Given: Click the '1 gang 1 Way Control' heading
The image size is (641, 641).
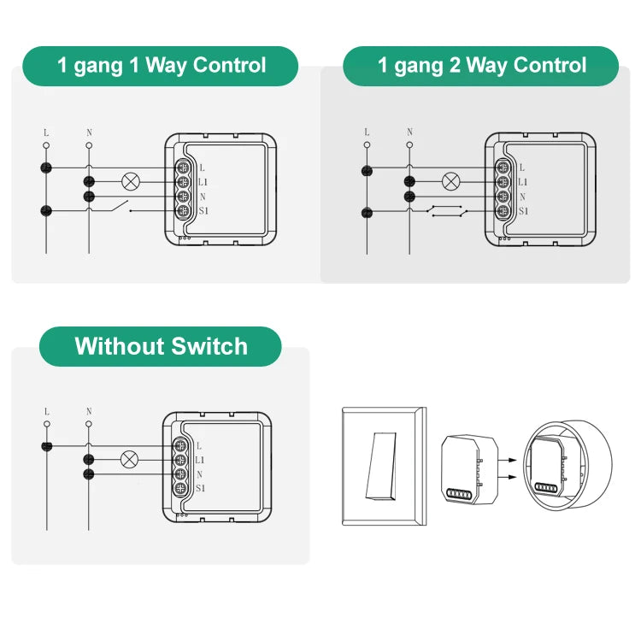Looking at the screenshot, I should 162,66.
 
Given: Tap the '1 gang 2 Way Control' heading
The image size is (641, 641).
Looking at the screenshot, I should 481,66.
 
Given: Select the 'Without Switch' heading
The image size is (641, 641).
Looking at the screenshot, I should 161,346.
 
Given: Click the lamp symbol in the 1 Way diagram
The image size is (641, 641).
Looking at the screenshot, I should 131,181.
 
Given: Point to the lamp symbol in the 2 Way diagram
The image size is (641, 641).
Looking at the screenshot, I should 451,181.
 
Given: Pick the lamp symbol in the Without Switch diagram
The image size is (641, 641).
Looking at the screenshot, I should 130,460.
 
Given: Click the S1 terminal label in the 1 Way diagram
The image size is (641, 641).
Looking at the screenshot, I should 203,210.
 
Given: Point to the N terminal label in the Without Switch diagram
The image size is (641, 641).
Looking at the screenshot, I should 199,474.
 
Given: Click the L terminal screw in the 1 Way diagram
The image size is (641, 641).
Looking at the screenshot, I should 183,168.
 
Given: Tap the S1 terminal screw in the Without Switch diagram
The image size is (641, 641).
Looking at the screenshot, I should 181,488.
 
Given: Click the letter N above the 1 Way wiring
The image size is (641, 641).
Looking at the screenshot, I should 89,132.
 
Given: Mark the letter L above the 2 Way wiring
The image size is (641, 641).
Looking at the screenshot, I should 367,132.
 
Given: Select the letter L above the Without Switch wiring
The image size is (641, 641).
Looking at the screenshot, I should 46,412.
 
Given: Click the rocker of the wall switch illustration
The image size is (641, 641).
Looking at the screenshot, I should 381,466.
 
